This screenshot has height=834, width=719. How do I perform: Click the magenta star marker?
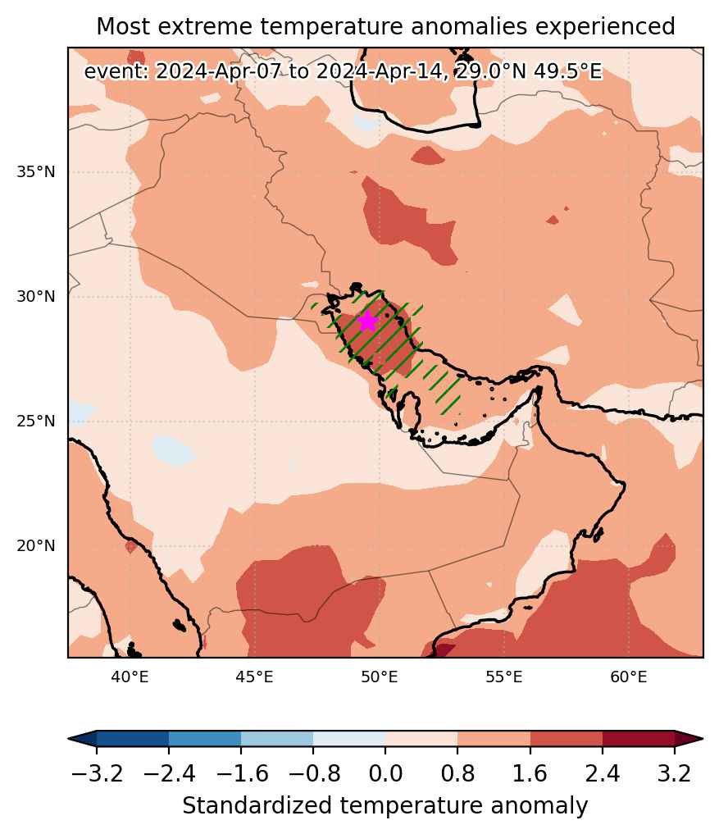click(x=367, y=321)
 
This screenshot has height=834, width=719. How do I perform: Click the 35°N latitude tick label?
click(x=35, y=172)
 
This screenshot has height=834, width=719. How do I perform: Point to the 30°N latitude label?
click(x=35, y=297)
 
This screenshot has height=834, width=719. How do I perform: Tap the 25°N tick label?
click(x=35, y=422)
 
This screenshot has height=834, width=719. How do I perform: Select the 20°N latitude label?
click(x=35, y=545)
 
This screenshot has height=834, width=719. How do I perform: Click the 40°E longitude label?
click(x=130, y=677)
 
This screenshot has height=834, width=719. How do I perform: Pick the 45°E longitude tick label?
click(x=254, y=677)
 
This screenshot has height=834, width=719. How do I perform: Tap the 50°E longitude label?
click(x=380, y=677)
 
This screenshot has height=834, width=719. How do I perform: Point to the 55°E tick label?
click(x=503, y=677)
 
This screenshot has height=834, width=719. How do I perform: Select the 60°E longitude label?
click(x=629, y=677)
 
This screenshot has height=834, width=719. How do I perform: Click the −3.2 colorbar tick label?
click(x=97, y=772)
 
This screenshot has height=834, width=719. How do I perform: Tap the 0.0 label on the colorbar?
click(x=385, y=772)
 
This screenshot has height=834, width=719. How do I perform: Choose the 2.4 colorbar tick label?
click(x=603, y=772)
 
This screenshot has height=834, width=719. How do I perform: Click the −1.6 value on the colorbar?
click(x=241, y=772)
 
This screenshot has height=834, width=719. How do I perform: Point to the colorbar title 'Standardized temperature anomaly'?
click(x=385, y=806)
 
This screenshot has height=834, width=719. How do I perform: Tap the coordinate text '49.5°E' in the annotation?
click(x=568, y=71)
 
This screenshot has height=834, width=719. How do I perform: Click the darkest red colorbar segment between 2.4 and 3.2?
click(x=639, y=738)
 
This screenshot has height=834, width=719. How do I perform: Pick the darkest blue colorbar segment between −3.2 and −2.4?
click(x=133, y=738)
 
